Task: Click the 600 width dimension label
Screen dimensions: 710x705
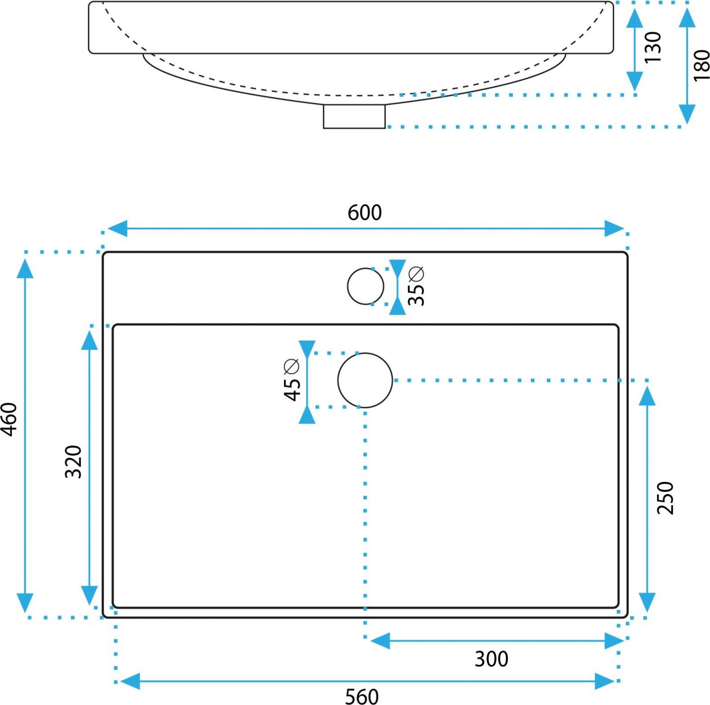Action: [364, 213]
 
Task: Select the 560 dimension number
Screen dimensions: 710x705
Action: [362, 696]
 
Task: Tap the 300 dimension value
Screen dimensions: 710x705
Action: [491, 659]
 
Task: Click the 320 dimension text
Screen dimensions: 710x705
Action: [74, 462]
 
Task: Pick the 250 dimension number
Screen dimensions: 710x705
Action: [665, 498]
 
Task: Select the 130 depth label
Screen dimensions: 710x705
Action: [652, 47]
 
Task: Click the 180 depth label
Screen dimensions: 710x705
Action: [702, 66]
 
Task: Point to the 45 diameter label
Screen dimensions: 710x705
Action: [292, 390]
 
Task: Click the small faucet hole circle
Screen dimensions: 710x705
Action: [365, 286]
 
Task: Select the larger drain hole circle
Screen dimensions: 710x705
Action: [365, 380]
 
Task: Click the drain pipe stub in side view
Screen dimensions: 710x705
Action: [354, 117]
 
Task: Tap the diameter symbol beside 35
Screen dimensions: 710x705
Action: [417, 274]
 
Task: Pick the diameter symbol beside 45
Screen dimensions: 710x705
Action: [292, 366]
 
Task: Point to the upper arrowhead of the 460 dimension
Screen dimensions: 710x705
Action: [25, 268]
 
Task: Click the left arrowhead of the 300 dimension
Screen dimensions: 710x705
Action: [379, 641]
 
